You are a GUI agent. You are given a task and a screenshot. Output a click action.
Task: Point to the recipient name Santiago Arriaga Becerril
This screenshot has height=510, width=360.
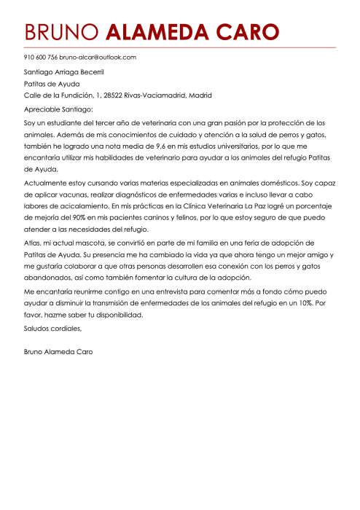pos(64,71)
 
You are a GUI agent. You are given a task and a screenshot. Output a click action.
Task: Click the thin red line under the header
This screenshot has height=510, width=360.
pos(180,47)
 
